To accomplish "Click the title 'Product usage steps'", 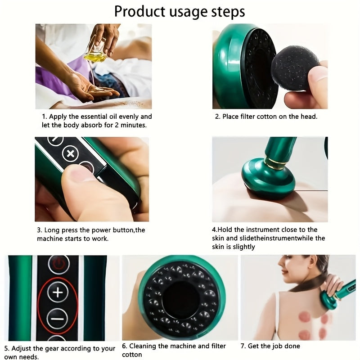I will (x=180, y=11).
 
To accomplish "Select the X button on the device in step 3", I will (x=70, y=154).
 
